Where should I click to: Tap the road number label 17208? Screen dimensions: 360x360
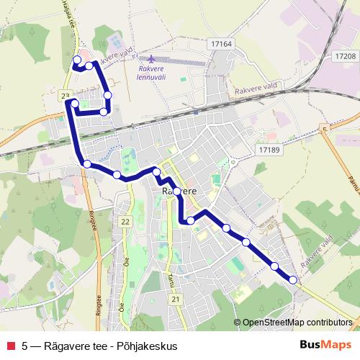point(346,55)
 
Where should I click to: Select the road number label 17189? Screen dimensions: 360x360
point(266,149)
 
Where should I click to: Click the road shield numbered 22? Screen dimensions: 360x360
point(126,222)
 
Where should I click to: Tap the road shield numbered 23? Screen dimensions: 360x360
point(66,96)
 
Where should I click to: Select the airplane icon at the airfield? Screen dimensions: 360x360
point(150,58)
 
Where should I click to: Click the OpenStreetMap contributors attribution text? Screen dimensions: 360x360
point(297,323)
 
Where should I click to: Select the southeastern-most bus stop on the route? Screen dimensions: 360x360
point(293,280)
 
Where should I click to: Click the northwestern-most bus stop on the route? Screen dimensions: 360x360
point(77,59)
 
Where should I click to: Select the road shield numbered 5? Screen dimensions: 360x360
point(325,129)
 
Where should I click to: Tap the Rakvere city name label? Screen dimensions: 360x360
point(178,192)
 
